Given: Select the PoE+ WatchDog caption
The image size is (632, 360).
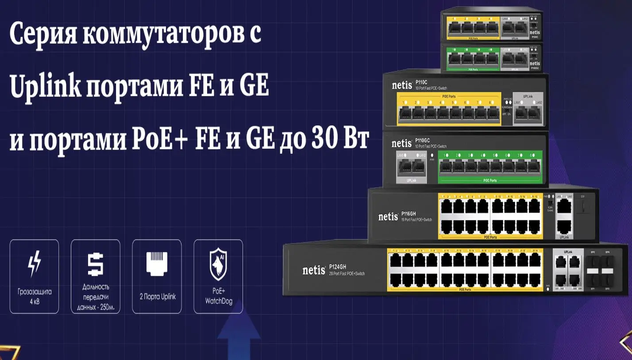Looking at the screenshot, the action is click(218, 296).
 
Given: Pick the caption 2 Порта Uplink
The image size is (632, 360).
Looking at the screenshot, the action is click(157, 296).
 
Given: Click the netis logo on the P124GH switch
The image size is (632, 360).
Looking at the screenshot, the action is click(313, 270).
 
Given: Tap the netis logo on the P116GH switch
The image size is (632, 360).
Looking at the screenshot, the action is click(388, 217).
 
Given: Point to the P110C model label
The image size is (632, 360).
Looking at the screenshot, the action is click(421, 82).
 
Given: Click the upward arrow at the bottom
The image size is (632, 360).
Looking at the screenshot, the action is click(239, 337).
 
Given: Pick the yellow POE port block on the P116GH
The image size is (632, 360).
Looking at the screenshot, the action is click(489, 216).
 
